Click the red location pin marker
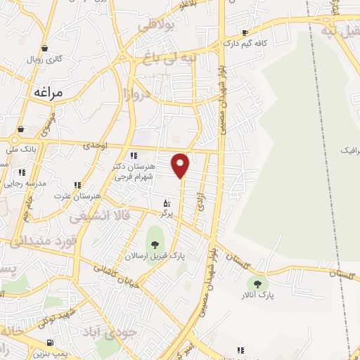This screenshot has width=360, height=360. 181,165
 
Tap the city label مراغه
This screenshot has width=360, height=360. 47,92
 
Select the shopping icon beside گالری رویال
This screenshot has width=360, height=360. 46,49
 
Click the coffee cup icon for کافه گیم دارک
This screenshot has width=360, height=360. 245,32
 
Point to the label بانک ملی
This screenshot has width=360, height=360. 20,149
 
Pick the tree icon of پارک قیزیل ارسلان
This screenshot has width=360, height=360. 155,245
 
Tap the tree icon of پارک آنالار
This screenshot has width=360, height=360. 257,284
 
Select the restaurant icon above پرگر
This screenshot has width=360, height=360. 166,203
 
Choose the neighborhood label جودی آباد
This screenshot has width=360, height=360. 110,331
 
